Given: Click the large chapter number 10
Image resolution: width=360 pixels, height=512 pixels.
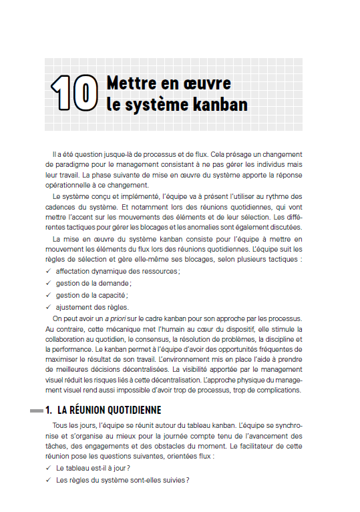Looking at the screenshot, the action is pos(73,93).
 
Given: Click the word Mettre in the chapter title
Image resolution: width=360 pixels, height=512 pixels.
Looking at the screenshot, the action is pos(130,83).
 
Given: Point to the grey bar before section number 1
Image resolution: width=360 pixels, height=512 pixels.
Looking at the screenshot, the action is pos(41,410).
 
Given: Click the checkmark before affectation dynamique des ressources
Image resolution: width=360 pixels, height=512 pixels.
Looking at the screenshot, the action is pos(48,271).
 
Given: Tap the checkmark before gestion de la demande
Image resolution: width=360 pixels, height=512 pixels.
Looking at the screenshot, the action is pos(48,283).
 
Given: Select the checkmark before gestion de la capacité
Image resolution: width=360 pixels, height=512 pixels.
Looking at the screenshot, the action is pos(48,295).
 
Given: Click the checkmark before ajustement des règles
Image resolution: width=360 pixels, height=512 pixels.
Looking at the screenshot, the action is pos(48,307).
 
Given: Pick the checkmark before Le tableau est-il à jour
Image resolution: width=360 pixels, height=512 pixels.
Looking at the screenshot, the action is pos(48,468).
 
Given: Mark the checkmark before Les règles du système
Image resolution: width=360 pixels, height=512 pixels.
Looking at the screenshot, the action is pos(48,480).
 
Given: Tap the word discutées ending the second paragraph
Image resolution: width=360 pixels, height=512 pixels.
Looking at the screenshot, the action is pos(285,227).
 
